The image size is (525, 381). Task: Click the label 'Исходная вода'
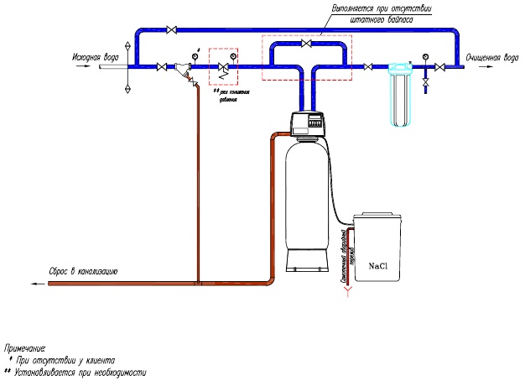[x=96, y=57]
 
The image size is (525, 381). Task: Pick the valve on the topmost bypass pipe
[x=172, y=30]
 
